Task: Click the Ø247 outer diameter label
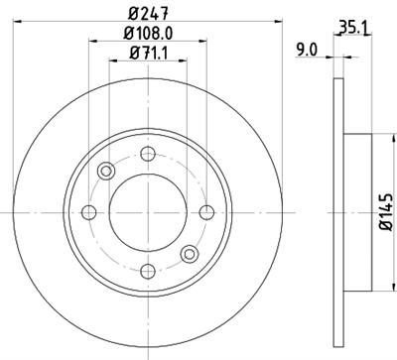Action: pyautogui.click(x=148, y=13)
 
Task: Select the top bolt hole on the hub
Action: pyautogui.click(x=148, y=153)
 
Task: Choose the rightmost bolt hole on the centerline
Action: pyautogui.click(x=205, y=210)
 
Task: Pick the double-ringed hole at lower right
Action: pyautogui.click(x=189, y=252)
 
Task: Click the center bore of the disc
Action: pyautogui.click(x=148, y=210)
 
